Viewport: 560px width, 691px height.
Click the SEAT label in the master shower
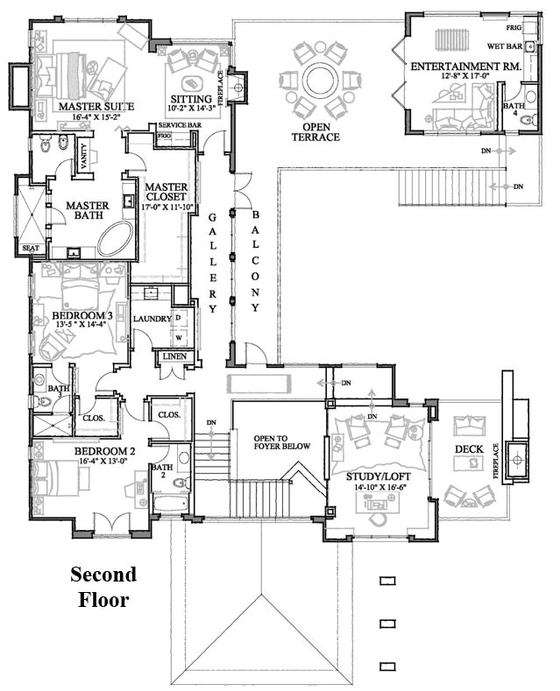click(x=31, y=249)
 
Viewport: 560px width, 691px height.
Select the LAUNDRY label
click(x=152, y=319)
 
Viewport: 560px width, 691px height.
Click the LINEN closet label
click(x=169, y=356)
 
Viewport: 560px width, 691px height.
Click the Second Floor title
click(x=103, y=587)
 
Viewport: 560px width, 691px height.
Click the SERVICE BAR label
click(x=180, y=126)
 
